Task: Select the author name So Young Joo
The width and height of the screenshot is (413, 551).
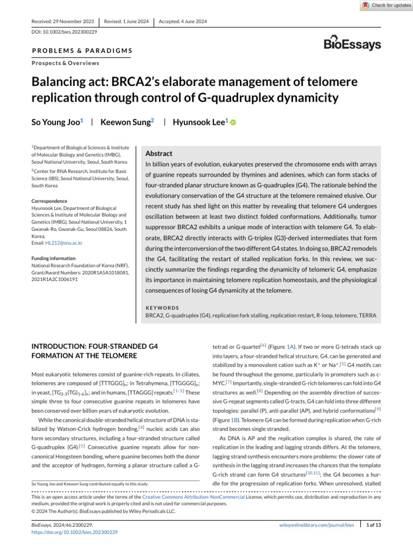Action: pyautogui.click(x=54, y=122)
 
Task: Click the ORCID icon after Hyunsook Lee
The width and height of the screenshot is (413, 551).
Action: pyautogui.click(x=233, y=123)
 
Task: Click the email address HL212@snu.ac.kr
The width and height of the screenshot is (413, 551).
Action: pyautogui.click(x=64, y=243)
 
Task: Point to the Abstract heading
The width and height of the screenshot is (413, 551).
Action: pyautogui.click(x=160, y=153)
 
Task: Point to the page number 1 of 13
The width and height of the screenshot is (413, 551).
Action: pyautogui.click(x=373, y=525)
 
